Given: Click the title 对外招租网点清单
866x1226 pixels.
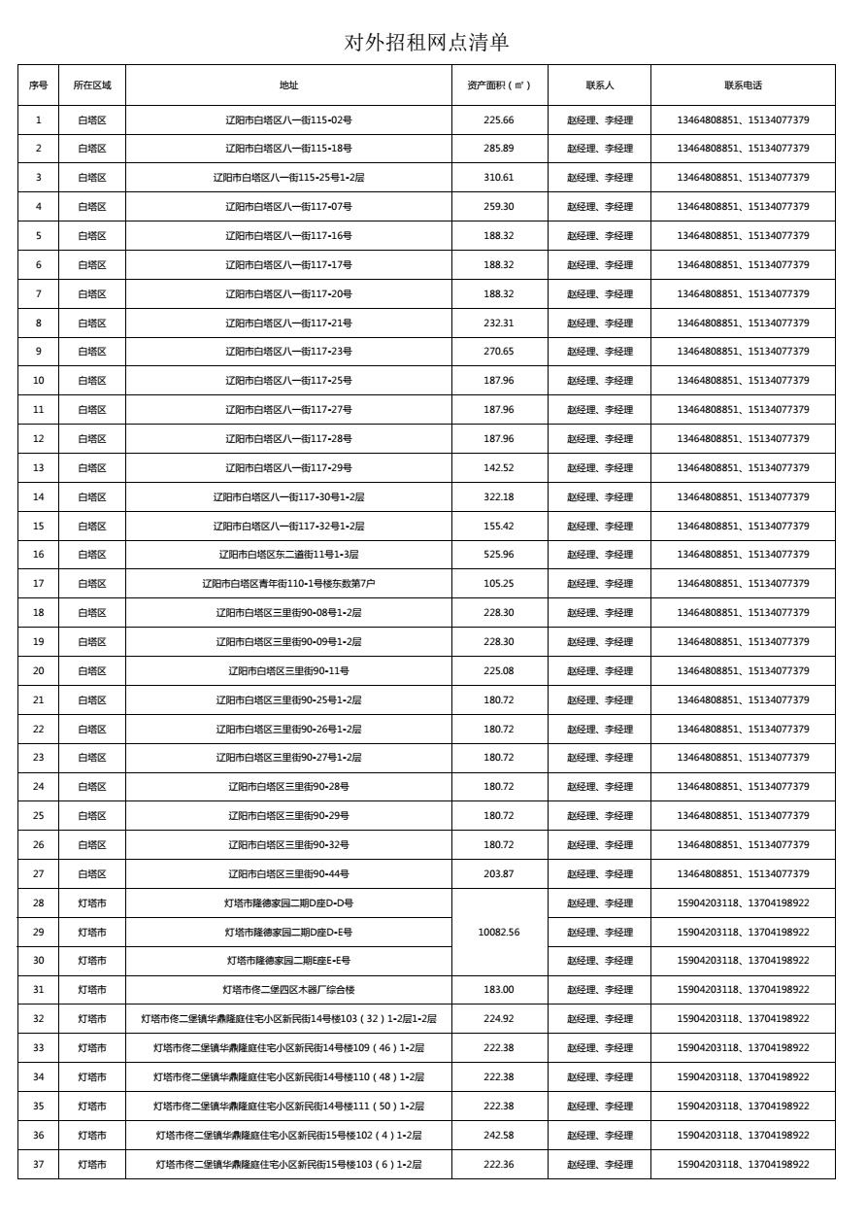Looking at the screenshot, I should pyautogui.click(x=427, y=43).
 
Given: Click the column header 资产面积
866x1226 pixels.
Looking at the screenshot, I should pyautogui.click(x=499, y=85).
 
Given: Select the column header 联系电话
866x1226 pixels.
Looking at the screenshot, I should pyautogui.click(x=743, y=85).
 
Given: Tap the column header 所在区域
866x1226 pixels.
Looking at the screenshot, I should pyautogui.click(x=92, y=85).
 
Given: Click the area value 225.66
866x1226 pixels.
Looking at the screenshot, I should pyautogui.click(x=499, y=120).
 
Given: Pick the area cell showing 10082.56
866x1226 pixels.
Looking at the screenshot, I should pyautogui.click(x=499, y=933).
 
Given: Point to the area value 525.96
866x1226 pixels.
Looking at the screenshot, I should pyautogui.click(x=499, y=555).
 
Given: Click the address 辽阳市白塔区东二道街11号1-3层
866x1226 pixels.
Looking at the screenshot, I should pyautogui.click(x=288, y=555).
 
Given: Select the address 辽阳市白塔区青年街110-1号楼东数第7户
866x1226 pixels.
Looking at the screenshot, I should pyautogui.click(x=288, y=584).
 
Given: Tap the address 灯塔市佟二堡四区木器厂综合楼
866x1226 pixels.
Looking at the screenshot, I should pyautogui.click(x=288, y=990).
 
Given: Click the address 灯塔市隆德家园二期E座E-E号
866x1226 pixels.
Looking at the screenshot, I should pyautogui.click(x=288, y=961).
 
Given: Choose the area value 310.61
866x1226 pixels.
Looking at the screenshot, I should pyautogui.click(x=499, y=178).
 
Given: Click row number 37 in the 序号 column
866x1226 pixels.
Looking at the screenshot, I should pyautogui.click(x=39, y=1165).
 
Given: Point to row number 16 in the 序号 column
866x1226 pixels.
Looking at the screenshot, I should pyautogui.click(x=39, y=555).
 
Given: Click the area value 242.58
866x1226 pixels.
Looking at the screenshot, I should pyautogui.click(x=499, y=1136).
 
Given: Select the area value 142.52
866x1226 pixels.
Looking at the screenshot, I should pyautogui.click(x=499, y=468).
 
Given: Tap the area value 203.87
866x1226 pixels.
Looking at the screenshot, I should pyautogui.click(x=499, y=874).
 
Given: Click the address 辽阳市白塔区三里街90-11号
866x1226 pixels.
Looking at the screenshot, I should pyautogui.click(x=288, y=671).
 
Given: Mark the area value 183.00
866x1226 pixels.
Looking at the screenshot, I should pyautogui.click(x=499, y=990).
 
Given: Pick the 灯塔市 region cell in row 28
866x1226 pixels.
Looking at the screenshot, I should pyautogui.click(x=92, y=903).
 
